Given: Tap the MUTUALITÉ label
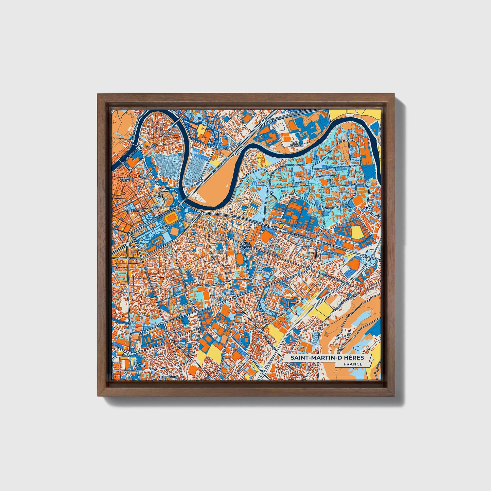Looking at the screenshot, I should pos(155,196).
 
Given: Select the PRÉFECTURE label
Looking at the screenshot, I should pos(135,211).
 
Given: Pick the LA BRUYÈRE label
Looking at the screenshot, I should pos(139,365).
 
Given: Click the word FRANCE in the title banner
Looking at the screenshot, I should pos(353,364).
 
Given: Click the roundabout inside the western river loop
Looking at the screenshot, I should pos(154,146).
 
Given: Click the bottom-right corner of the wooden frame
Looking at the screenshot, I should pos(395,396).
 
